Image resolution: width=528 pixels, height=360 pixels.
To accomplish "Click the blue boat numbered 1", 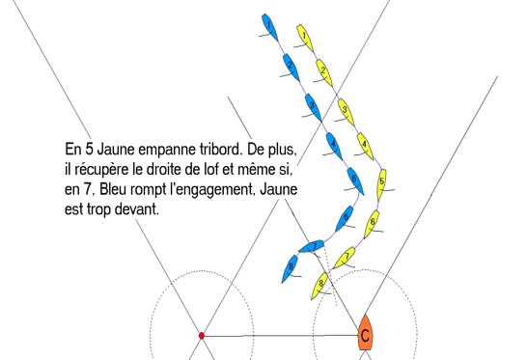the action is (x=270, y=27).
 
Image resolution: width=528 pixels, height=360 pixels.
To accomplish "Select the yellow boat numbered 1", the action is (x=305, y=38).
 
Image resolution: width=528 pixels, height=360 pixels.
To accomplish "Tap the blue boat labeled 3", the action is (x=313, y=107).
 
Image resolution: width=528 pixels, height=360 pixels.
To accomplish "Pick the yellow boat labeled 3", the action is (x=346, y=112).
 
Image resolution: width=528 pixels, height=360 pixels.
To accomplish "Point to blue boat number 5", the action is (x=355, y=181).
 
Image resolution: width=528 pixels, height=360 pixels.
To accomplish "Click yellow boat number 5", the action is (x=381, y=184).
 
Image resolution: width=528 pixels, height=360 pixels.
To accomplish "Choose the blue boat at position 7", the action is (x=311, y=246).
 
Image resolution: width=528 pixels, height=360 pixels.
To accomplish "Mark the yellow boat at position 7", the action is (x=345, y=258).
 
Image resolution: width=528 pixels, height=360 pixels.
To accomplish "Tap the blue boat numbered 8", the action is (x=290, y=268).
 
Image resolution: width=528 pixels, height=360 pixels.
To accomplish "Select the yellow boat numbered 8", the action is (x=320, y=286).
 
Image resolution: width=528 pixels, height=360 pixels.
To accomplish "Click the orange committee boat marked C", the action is (x=365, y=333).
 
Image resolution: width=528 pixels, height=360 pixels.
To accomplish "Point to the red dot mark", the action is (x=202, y=336).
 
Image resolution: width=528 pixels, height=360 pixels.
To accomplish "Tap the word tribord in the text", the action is (x=222, y=149).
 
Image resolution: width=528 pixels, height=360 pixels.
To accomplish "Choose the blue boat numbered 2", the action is (x=292, y=68).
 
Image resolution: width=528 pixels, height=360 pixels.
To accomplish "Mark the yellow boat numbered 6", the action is (x=372, y=224).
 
